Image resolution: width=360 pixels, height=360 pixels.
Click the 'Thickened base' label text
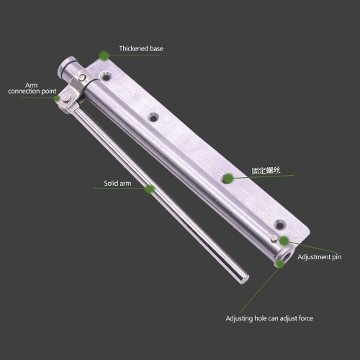141,49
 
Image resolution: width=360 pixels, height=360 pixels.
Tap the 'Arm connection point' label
32,89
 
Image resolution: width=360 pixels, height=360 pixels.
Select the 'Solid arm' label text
117,184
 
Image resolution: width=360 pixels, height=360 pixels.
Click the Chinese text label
266,171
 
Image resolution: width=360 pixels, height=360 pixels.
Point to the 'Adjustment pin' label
319,257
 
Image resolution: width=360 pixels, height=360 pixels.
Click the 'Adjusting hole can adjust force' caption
269,318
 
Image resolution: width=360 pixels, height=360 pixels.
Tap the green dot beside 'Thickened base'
104,55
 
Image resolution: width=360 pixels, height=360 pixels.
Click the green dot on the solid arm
150,189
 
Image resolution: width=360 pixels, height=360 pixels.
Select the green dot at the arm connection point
57,99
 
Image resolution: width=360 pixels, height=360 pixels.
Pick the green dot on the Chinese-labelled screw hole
228,179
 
